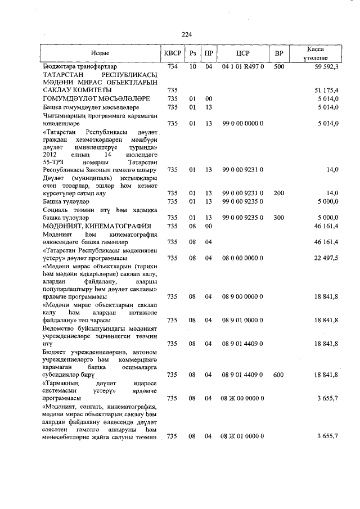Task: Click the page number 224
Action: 179,34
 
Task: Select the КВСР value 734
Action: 173,66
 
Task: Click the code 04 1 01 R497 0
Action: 242,66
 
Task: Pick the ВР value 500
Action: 278,66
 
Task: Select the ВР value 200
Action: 278,193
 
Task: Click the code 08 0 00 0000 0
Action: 242,257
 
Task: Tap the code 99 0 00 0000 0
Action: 242,123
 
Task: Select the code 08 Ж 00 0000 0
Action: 242,398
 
